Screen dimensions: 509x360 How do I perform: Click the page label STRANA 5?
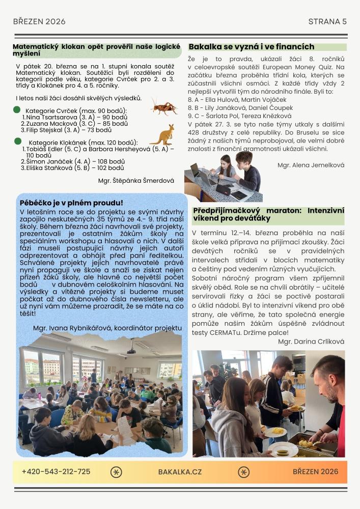327,21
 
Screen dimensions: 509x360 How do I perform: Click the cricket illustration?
164,107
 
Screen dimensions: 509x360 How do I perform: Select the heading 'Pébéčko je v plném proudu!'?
71,203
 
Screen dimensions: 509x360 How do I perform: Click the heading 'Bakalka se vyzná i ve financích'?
252,47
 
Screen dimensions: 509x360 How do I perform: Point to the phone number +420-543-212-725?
56,471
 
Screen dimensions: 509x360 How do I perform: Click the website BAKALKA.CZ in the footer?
180,472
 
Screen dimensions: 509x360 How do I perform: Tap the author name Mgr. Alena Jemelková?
311,165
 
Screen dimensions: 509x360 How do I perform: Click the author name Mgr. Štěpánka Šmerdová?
136,180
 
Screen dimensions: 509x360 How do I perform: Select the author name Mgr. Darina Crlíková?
311,342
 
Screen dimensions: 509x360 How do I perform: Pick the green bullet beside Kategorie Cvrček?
17,109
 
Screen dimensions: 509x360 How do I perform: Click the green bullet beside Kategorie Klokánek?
17,141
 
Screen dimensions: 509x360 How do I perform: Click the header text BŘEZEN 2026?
39,21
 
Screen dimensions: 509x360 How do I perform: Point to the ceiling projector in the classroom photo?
131,350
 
